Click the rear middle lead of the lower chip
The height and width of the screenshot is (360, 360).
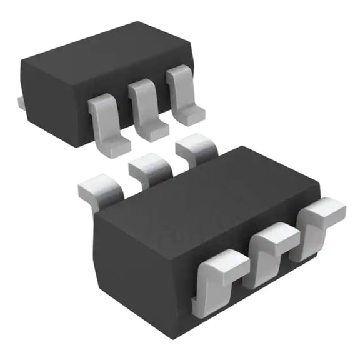[x=149, y=167]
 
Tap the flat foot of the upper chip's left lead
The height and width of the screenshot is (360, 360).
[x=116, y=145]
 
